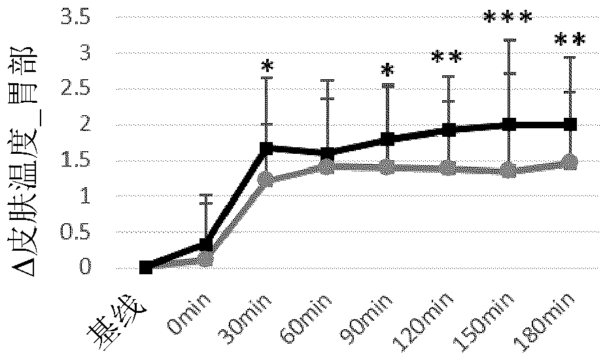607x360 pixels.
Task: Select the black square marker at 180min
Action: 570,124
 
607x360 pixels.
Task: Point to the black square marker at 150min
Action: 510,124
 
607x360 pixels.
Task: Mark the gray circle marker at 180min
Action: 570,162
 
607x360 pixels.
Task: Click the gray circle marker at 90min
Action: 388,167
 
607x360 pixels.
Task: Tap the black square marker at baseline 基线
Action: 145,267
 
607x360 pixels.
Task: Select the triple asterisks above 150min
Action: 508,17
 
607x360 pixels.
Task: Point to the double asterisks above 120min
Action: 447,58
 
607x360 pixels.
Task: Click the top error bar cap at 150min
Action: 510,40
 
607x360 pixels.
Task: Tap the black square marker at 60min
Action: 328,153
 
